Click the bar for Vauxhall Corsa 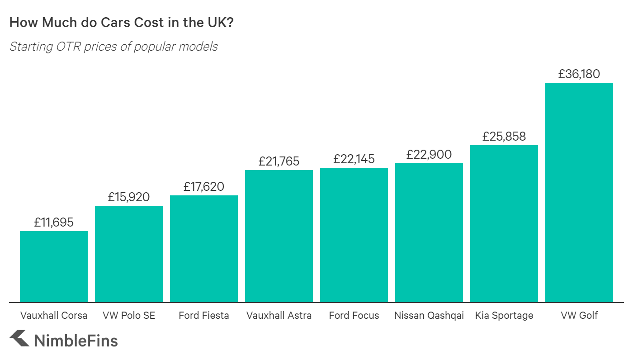[x=54, y=266]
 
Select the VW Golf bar [x=579, y=192]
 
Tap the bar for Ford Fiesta [x=204, y=249]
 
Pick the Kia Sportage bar [x=504, y=223]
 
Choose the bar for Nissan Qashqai [x=429, y=232]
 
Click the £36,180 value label [x=579, y=74]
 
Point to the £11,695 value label [x=54, y=223]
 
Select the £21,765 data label [x=279, y=161]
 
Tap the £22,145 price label [x=354, y=159]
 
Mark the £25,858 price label [x=504, y=137]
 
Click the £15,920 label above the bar [x=129, y=197]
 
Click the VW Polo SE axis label [x=129, y=316]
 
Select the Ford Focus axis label [x=354, y=316]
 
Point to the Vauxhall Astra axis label [x=279, y=316]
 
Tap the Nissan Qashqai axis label [x=429, y=316]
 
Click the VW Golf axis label [x=579, y=316]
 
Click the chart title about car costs [x=121, y=23]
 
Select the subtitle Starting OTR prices [x=113, y=47]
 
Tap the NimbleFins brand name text [x=76, y=340]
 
